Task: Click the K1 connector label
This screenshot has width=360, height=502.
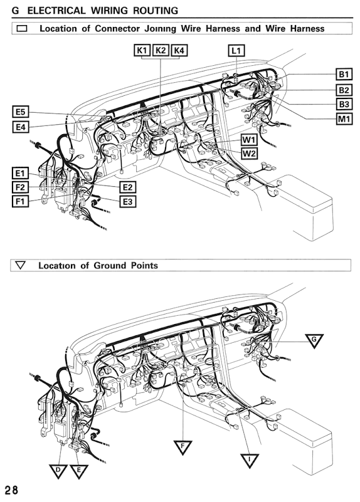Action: [x=142, y=50]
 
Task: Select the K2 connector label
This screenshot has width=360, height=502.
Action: [x=161, y=50]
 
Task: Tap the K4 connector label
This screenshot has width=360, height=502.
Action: [x=180, y=50]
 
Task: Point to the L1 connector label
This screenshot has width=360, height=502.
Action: [x=237, y=50]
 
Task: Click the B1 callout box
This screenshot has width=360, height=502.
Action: [x=344, y=74]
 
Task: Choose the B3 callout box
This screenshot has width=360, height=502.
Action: [x=344, y=104]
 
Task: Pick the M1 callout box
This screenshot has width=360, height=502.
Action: [x=344, y=118]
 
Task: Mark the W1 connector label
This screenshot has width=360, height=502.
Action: [x=249, y=139]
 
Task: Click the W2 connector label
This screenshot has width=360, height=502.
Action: [x=249, y=153]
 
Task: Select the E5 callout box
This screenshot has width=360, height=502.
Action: [x=21, y=112]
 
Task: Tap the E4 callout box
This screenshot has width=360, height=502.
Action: [x=21, y=127]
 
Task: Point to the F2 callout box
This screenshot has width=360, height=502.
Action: [x=21, y=187]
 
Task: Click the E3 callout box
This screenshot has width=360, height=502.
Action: [x=127, y=201]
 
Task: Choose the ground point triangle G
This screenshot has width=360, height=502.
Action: [x=316, y=339]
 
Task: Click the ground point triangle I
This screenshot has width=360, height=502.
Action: [x=250, y=461]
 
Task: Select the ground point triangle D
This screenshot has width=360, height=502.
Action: [x=58, y=469]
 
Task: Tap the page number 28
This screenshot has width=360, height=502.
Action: [x=11, y=489]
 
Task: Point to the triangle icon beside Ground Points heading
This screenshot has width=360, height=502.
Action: [x=21, y=265]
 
